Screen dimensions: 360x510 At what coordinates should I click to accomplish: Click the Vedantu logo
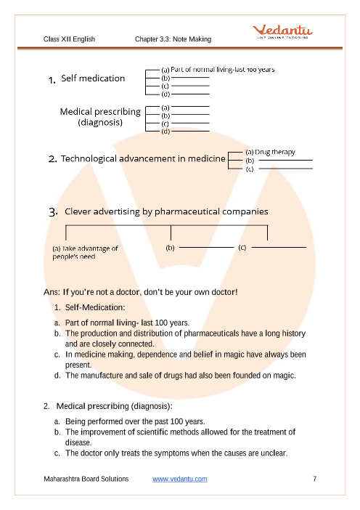282,31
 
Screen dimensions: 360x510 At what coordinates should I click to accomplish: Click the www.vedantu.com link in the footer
180,479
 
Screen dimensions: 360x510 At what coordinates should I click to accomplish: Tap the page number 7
314,479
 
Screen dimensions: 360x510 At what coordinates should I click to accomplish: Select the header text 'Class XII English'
69,39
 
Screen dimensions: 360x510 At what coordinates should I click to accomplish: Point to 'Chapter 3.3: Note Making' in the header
173,39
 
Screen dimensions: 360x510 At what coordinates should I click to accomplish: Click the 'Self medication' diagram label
93,78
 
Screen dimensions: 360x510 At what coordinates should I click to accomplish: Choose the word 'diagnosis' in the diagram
100,122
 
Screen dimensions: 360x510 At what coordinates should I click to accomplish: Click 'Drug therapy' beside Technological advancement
275,153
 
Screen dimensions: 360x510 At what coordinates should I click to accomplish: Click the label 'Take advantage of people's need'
85,252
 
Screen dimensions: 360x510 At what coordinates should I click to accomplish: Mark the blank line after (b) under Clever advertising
206,247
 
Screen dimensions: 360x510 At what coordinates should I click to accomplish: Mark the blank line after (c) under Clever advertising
279,247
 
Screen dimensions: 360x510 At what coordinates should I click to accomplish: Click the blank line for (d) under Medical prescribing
190,131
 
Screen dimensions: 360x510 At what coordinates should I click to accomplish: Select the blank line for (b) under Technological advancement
285,160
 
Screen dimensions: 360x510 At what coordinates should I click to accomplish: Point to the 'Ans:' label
52,292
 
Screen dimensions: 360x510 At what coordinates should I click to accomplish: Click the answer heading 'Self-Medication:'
95,307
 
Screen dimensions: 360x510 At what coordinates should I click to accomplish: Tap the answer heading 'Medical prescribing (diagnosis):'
115,406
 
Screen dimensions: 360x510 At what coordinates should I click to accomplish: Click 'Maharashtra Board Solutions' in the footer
86,479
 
